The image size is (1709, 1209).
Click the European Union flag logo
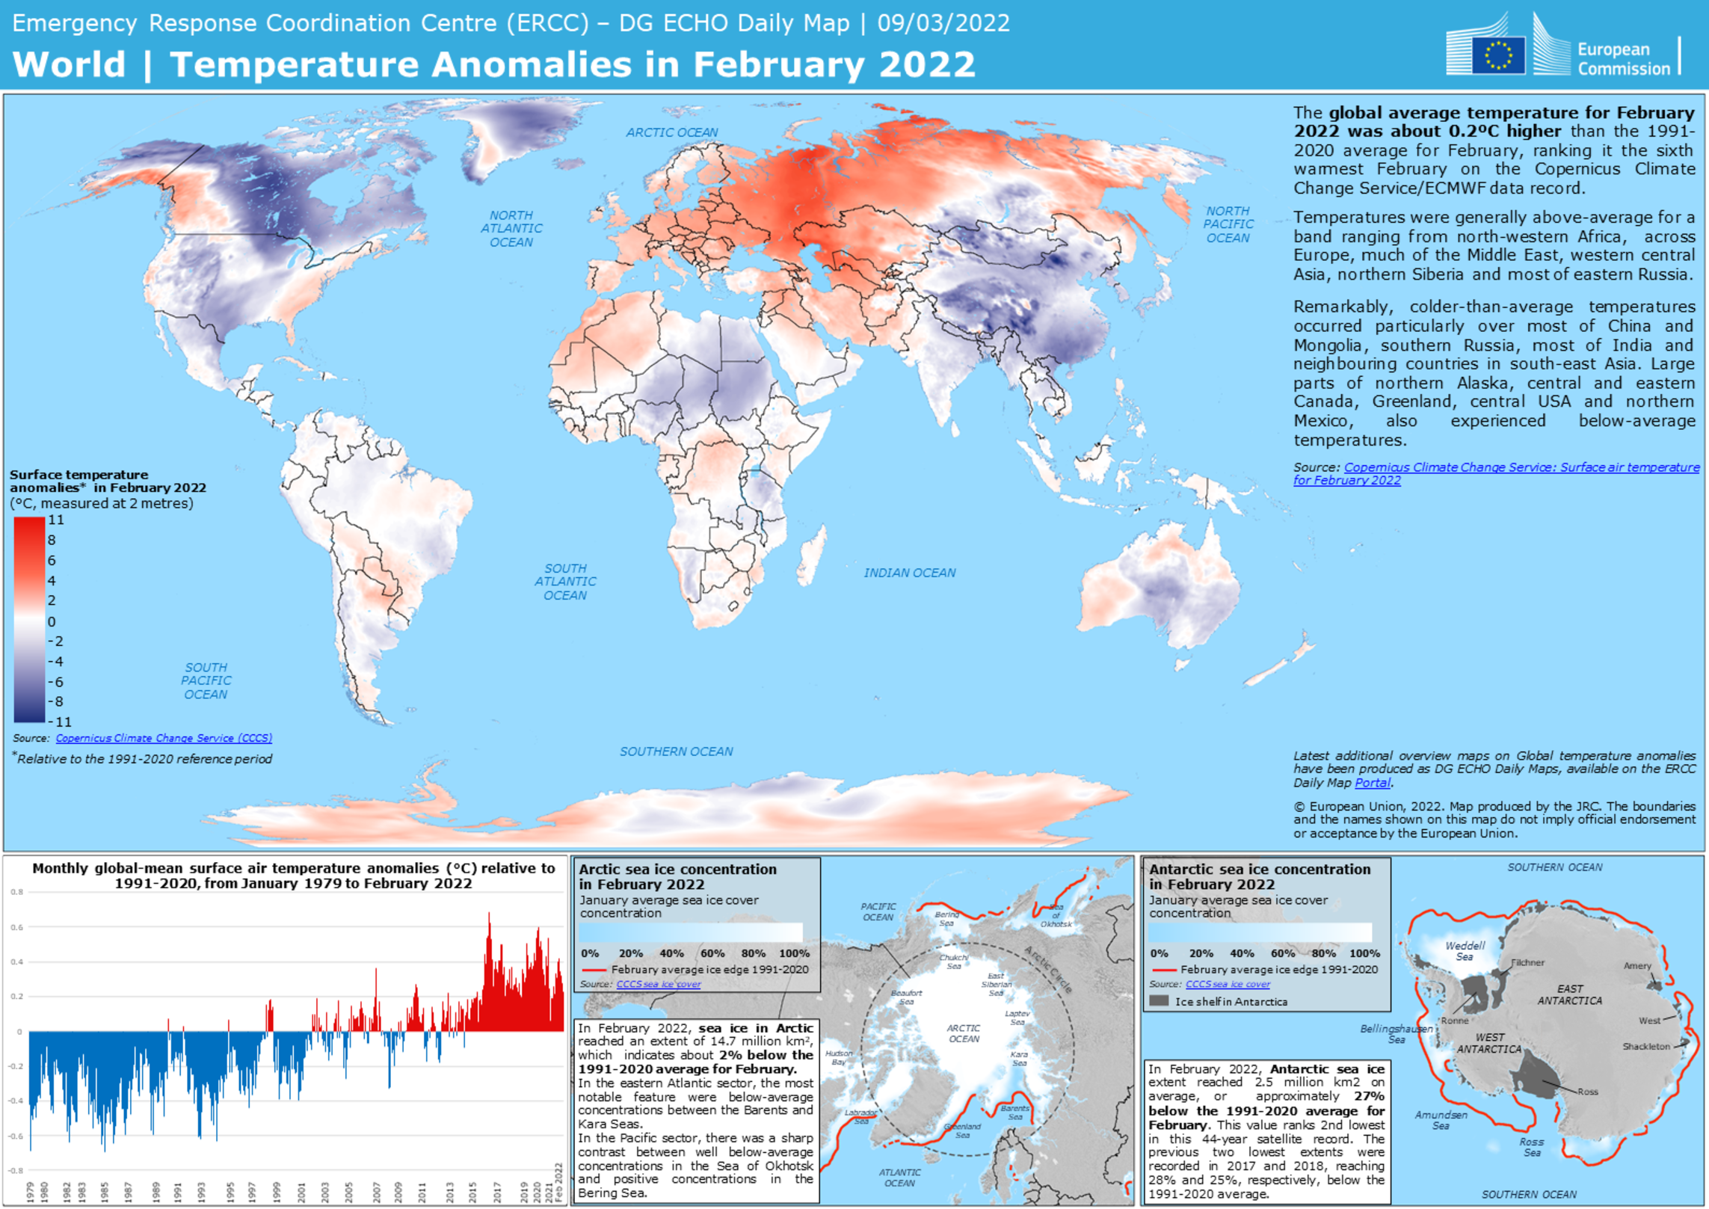click(1497, 55)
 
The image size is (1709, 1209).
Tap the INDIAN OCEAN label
click(909, 573)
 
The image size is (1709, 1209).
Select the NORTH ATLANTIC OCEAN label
click(511, 229)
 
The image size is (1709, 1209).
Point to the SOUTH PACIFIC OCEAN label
click(206, 680)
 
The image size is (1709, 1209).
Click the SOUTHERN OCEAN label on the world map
click(676, 751)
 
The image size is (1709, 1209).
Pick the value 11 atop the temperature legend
click(56, 520)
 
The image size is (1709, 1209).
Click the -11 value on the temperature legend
click(59, 722)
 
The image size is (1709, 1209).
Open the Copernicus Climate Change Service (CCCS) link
click(164, 738)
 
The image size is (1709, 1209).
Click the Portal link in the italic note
click(1373, 783)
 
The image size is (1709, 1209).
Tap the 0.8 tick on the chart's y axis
click(16, 892)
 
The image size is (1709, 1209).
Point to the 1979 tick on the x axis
click(30, 1192)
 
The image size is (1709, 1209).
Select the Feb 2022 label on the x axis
click(558, 1183)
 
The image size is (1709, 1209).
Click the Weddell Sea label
click(1465, 951)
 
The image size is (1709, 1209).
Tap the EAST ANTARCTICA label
click(1570, 994)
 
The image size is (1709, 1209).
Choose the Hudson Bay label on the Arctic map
click(839, 1057)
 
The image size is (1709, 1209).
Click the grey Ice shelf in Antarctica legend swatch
click(1158, 1001)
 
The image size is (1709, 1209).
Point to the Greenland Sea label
click(962, 1130)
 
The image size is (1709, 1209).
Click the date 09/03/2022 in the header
click(943, 23)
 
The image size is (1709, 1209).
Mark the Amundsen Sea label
click(1441, 1120)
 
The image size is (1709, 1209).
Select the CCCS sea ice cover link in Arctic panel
click(658, 984)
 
